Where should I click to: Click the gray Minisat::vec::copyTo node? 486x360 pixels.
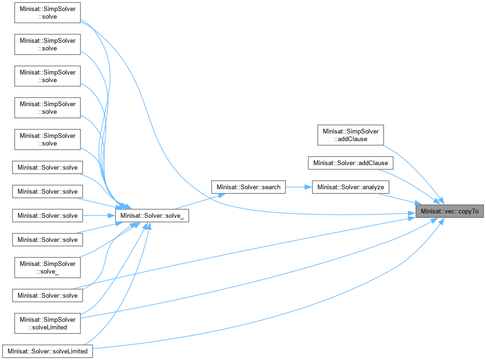(x=449, y=211)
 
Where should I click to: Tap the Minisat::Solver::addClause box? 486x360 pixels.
(x=350, y=163)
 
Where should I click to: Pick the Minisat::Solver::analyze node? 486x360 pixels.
(x=350, y=187)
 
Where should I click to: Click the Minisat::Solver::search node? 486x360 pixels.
(x=248, y=187)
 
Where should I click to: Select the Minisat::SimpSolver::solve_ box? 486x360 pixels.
(x=48, y=268)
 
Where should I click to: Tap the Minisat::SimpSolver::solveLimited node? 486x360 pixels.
(x=48, y=323)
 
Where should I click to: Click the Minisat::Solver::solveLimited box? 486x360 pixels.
(x=48, y=351)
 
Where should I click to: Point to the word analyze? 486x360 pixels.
(x=372, y=187)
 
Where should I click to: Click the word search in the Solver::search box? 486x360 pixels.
(x=271, y=187)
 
